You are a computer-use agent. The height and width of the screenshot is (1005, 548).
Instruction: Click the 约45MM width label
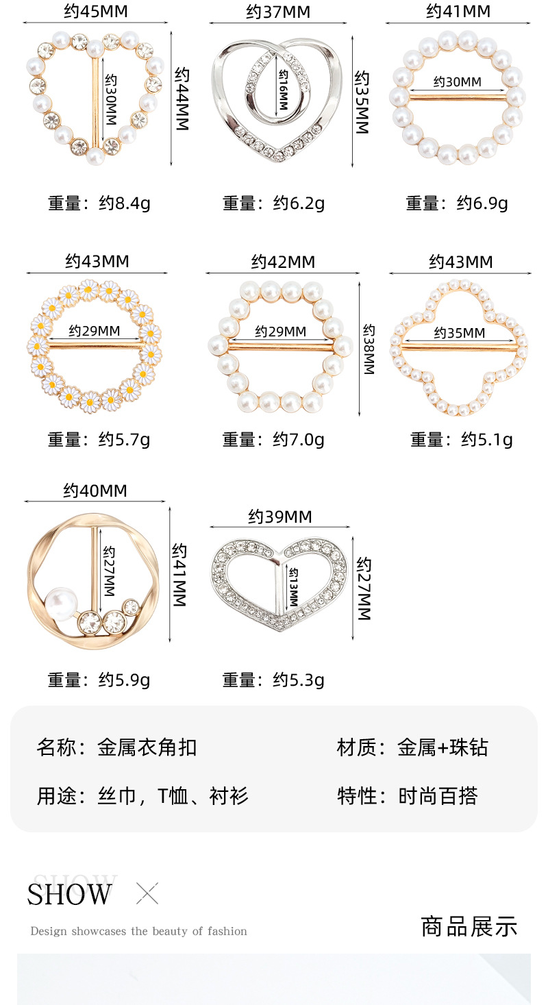(x=96, y=12)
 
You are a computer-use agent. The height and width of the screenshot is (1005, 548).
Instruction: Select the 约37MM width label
(x=278, y=12)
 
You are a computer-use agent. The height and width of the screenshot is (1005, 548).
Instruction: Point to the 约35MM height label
(x=362, y=102)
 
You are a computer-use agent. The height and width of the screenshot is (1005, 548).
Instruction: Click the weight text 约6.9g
(x=482, y=203)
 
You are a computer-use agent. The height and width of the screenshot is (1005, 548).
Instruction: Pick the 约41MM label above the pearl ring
(x=458, y=11)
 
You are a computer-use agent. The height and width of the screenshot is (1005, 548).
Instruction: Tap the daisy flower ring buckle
(x=97, y=346)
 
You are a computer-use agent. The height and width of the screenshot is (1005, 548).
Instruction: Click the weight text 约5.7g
(x=124, y=439)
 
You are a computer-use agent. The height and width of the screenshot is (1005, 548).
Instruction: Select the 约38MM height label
(x=369, y=349)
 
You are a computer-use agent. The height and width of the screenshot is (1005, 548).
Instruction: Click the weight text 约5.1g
(x=486, y=439)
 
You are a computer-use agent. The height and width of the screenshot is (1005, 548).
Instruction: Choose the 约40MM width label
(x=95, y=491)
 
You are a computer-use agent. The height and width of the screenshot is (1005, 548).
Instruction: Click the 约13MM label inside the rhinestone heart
(x=293, y=587)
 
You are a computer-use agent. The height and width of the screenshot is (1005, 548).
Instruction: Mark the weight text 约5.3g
(x=299, y=680)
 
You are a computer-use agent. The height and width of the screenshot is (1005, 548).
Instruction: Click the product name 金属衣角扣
(x=147, y=747)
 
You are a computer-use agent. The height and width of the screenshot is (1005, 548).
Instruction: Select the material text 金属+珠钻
(x=443, y=747)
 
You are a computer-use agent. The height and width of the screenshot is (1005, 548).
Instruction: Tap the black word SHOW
(x=70, y=895)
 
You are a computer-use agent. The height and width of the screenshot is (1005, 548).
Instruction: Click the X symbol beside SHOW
(x=147, y=893)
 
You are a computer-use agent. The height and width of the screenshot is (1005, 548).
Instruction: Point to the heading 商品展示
(x=469, y=926)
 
